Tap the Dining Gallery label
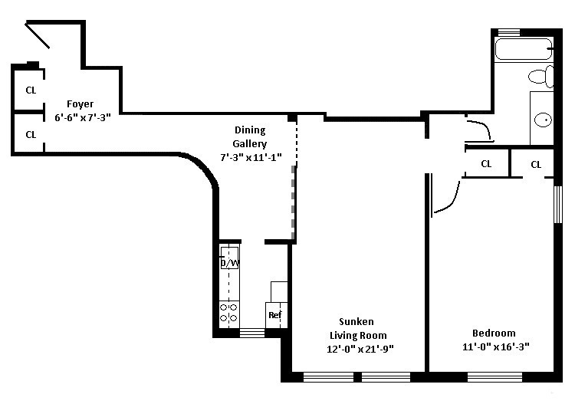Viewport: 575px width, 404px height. (x=250, y=137)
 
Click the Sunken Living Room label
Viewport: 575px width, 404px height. (x=357, y=328)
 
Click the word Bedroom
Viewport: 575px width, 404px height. (x=493, y=333)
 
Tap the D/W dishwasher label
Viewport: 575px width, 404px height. (x=228, y=263)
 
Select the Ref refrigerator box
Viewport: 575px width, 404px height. (x=274, y=314)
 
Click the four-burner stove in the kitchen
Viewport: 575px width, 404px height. (x=228, y=312)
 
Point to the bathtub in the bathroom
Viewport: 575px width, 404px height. (x=524, y=49)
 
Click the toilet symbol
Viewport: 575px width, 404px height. (x=542, y=77)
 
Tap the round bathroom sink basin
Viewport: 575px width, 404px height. (x=544, y=120)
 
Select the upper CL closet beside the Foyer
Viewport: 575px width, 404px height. (x=31, y=90)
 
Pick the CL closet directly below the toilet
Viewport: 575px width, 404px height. (x=536, y=164)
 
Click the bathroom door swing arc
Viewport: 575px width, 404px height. (x=482, y=130)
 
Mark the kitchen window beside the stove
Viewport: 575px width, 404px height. (x=251, y=333)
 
